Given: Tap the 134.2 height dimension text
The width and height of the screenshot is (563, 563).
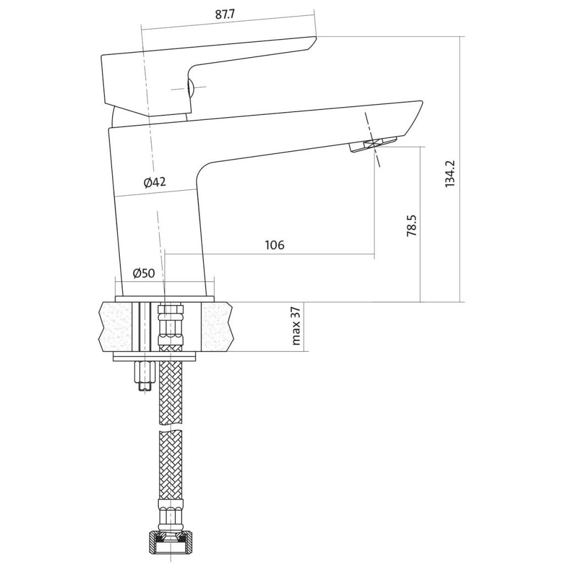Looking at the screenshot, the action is click(450, 173).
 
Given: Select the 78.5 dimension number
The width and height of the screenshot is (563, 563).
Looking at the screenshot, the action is click(411, 225).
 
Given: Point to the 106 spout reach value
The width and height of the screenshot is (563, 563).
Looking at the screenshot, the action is click(275, 245).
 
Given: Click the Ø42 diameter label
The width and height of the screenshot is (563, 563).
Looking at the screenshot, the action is click(155, 183).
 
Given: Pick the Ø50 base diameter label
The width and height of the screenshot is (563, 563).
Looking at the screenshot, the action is click(143, 273).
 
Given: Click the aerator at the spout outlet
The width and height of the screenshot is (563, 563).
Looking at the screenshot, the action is click(373, 144).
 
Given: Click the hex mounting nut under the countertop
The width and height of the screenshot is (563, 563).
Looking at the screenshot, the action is click(145, 372).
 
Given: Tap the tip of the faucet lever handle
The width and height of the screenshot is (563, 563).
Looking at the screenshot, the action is click(316, 37).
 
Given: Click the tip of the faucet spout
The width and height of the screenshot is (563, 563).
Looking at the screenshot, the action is click(421, 102).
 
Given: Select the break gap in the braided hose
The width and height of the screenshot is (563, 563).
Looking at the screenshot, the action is click(170, 427).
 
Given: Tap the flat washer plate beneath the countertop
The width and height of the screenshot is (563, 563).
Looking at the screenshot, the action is click(156, 357).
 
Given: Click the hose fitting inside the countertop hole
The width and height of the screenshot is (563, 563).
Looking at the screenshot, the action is click(170, 324).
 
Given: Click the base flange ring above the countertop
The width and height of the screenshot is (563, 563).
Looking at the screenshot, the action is click(164, 299).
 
